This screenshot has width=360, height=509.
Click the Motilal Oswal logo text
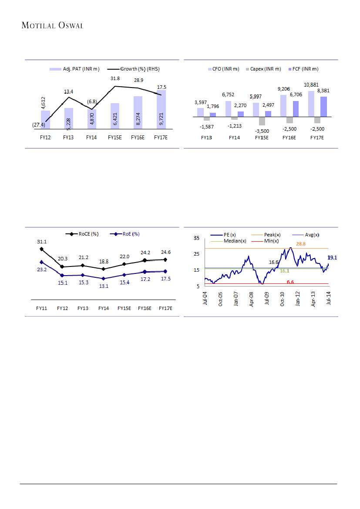(52, 26)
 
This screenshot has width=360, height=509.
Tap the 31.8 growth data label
(115, 79)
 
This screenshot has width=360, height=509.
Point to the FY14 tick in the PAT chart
(91, 138)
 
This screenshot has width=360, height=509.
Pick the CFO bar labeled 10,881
(311, 104)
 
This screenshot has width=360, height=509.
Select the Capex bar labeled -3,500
(262, 121)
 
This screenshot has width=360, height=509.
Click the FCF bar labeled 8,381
(323, 107)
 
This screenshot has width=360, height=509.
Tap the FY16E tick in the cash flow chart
(289, 138)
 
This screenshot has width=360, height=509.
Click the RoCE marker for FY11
(42, 249)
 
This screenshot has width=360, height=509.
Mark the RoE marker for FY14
(103, 279)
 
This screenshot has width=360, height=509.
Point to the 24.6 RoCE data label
(166, 252)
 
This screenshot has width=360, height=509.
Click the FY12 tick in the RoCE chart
(62, 308)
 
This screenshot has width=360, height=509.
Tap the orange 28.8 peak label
(301, 244)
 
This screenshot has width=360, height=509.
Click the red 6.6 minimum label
(290, 283)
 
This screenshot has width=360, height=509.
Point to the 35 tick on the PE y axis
(197, 238)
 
